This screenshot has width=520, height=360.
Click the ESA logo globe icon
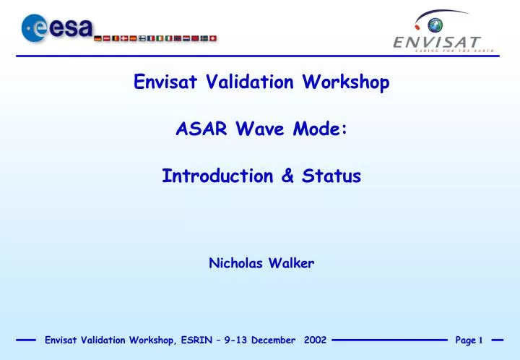click(34, 28)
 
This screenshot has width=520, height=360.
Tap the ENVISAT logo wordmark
click(437, 43)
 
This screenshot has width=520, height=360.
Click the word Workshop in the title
click(345, 82)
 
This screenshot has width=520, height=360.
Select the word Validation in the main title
click(249, 82)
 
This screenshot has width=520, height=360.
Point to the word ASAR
click(201, 129)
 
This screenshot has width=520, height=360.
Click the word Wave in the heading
click(260, 129)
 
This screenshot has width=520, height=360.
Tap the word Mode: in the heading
click(320, 129)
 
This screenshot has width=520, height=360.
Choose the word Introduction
click(217, 176)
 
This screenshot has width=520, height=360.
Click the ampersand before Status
click(287, 176)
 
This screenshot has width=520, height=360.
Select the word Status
click(331, 176)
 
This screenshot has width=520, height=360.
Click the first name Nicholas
click(235, 263)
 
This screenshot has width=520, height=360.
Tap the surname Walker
click(291, 263)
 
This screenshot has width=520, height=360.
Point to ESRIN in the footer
click(196, 340)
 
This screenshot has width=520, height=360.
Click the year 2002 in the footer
click(315, 340)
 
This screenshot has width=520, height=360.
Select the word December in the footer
click(273, 340)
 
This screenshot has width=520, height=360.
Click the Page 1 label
click(469, 340)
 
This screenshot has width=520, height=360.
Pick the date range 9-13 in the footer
click(235, 340)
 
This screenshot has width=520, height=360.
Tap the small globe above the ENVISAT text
click(435, 25)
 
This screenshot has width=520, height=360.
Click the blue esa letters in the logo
click(71, 28)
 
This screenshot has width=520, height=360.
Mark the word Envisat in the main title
click(165, 82)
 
